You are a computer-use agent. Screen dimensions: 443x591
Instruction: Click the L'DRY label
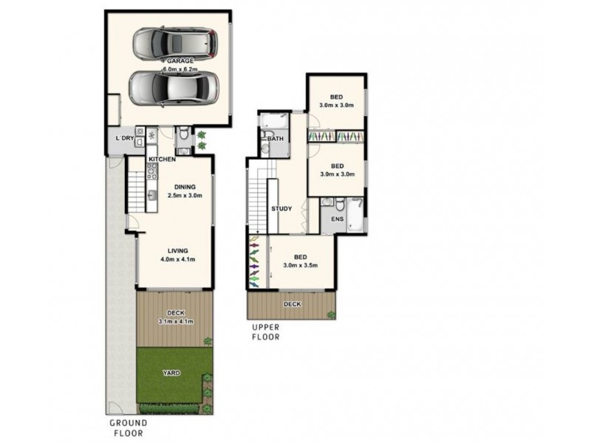pyautogui.click(x=125, y=138)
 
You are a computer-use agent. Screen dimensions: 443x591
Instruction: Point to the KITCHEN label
pyautogui.click(x=162, y=159)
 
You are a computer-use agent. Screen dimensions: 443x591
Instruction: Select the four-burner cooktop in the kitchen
pyautogui.click(x=151, y=173)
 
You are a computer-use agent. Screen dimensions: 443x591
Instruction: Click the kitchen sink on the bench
pyautogui.click(x=151, y=196)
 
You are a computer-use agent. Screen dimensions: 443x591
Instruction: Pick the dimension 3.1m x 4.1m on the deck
pyautogui.click(x=174, y=322)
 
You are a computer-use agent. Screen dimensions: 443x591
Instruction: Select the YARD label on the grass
pyautogui.click(x=171, y=374)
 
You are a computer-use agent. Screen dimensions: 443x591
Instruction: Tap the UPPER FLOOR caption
pyautogui.click(x=265, y=332)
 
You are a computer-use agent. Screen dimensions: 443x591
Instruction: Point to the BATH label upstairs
pyautogui.click(x=275, y=138)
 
